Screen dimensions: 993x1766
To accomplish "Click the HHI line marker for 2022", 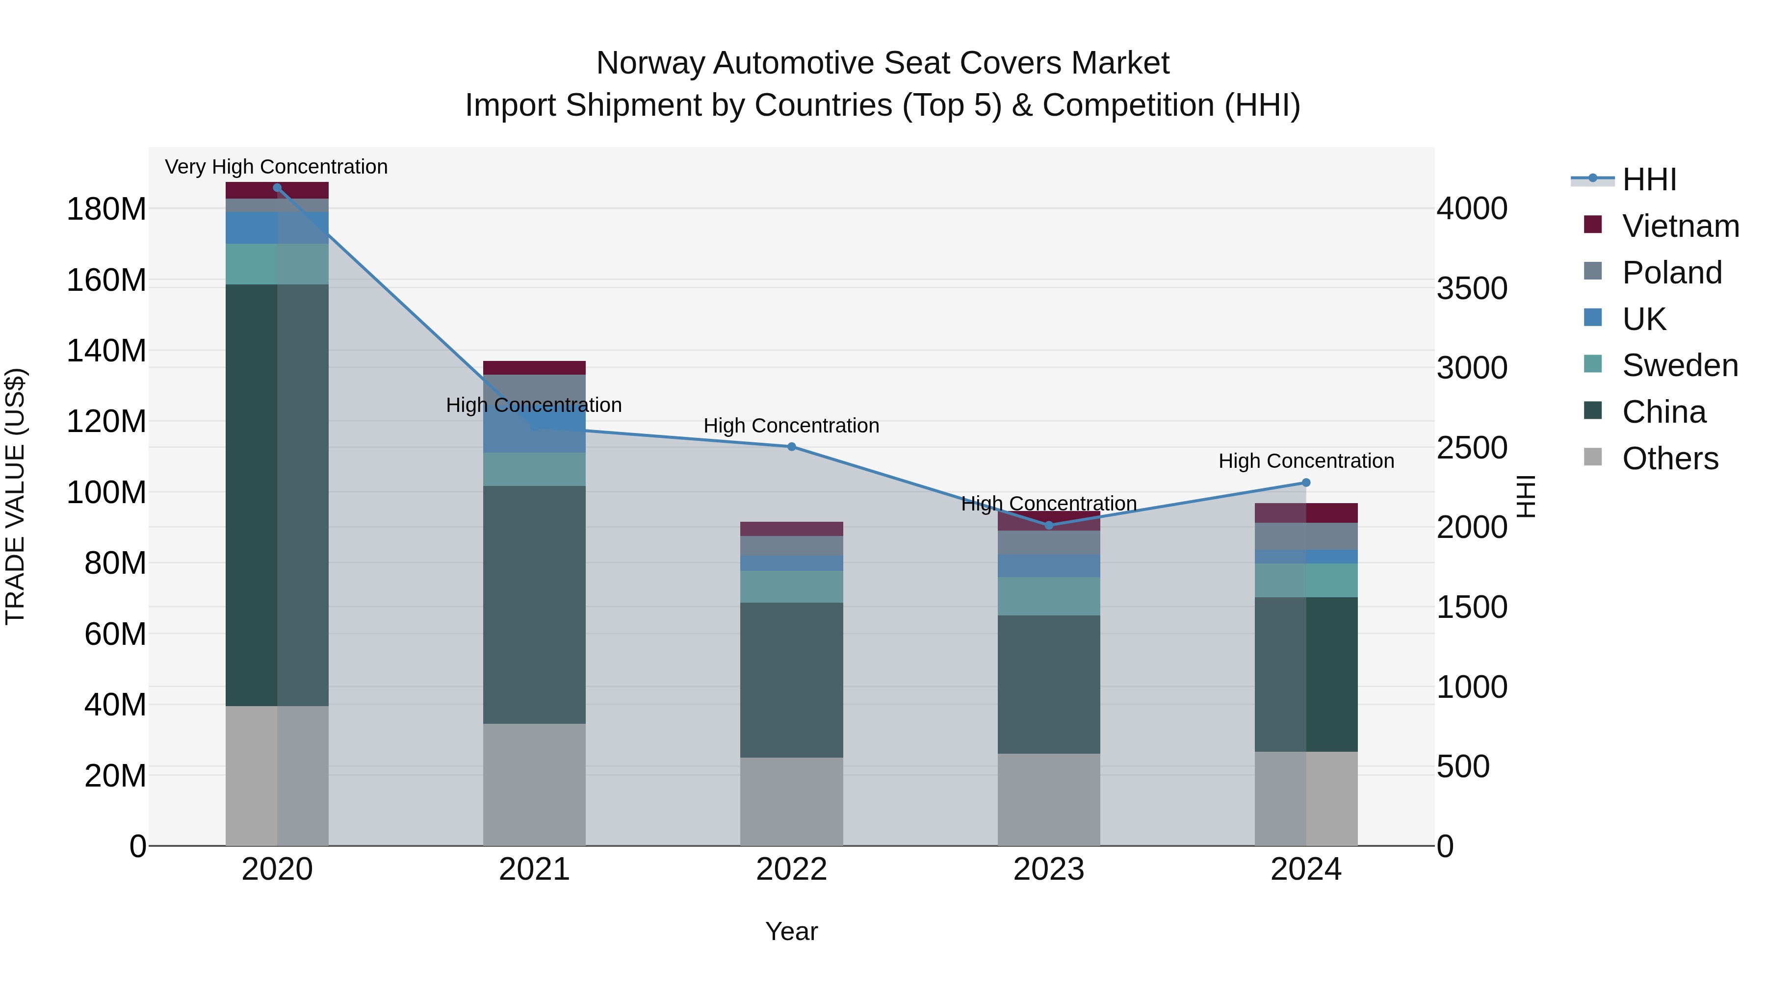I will tap(791, 447).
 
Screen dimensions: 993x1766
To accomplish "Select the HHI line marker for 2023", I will tap(1048, 525).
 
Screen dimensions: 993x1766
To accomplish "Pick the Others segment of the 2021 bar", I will tap(534, 784).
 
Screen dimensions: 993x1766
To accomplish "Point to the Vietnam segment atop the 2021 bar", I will tap(534, 367).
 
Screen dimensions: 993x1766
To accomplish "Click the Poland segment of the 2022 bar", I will tap(791, 545).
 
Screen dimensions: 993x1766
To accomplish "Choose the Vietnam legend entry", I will tap(1680, 226).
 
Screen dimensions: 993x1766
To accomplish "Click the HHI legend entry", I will tap(1649, 179).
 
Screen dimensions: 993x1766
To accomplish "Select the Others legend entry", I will tap(1670, 458).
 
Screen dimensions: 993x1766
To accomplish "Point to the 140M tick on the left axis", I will tap(106, 351).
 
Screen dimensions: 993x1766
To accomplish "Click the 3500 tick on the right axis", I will tap(1472, 288).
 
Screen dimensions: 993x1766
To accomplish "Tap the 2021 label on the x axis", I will tap(534, 869).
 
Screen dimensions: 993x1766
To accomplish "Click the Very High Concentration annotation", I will tap(276, 167).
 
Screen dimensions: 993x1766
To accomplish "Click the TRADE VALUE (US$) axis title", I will tap(15, 496).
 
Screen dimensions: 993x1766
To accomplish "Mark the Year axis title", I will tap(791, 931).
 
